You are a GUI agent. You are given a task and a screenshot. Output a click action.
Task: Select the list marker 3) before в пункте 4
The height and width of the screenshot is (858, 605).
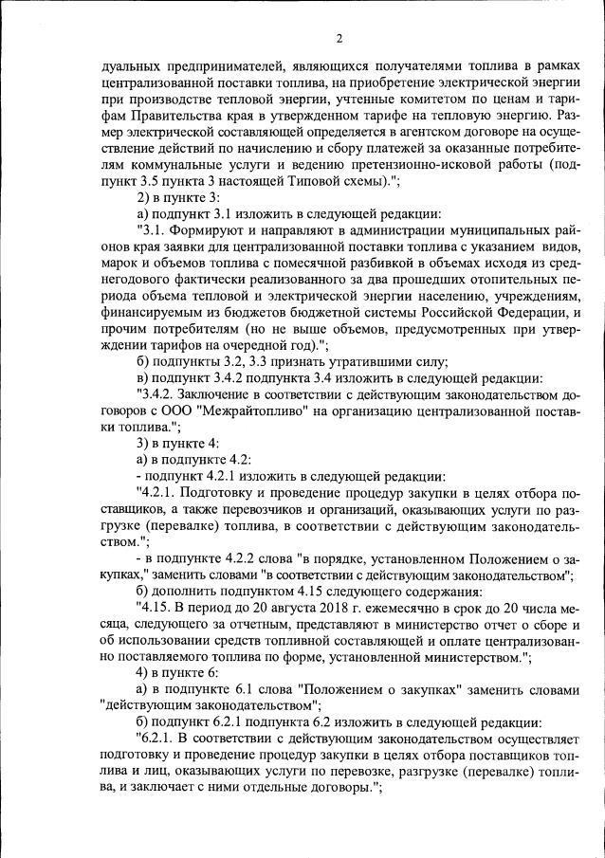[x=144, y=443]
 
